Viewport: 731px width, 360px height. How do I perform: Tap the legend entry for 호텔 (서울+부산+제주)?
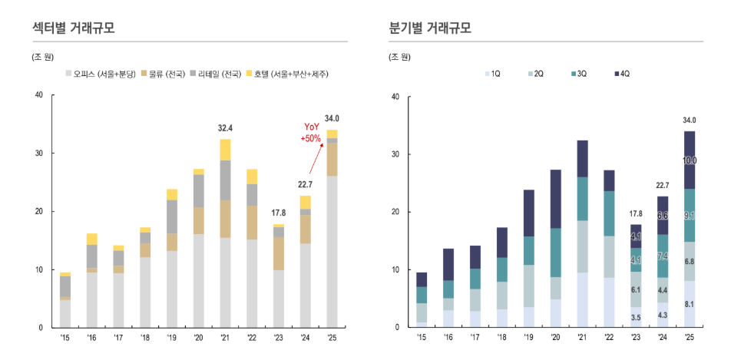[x=288, y=74]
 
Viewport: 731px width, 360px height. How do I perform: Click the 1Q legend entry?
[x=491, y=74]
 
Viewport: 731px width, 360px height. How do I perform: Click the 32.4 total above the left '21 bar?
[x=225, y=128]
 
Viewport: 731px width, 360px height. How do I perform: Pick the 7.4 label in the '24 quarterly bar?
[x=663, y=256]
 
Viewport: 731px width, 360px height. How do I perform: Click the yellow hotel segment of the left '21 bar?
[x=225, y=150]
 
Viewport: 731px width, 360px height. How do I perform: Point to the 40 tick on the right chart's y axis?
[x=395, y=96]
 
